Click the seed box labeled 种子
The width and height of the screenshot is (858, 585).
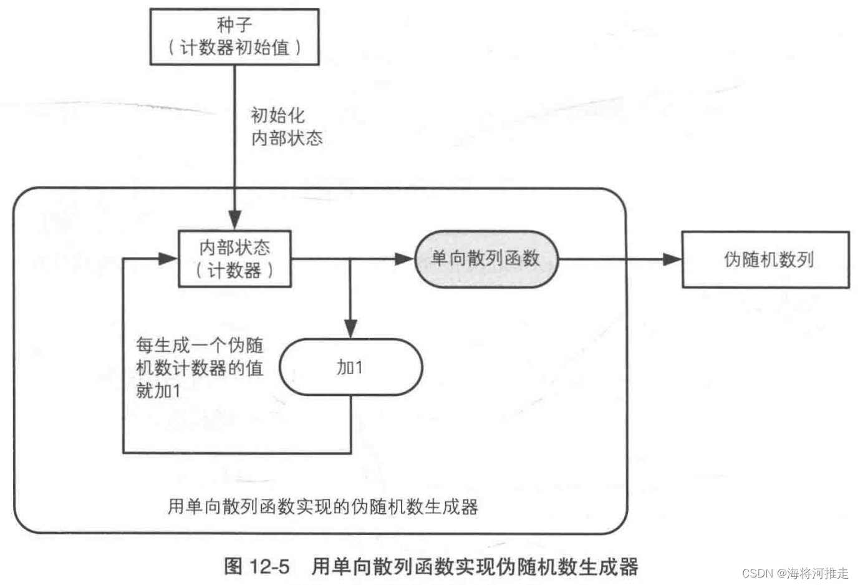tap(234, 37)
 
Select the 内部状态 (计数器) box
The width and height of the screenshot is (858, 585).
tap(234, 259)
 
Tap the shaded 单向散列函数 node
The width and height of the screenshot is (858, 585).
tap(486, 259)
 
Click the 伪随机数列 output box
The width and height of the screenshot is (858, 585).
tap(766, 259)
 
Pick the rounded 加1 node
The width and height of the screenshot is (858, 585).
tap(350, 367)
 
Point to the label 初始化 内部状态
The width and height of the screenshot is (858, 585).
tap(286, 127)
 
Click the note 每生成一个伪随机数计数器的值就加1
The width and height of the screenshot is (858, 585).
tap(199, 368)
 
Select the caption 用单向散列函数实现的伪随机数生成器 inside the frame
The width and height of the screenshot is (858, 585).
tap(322, 506)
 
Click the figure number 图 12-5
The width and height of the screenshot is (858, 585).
tap(257, 566)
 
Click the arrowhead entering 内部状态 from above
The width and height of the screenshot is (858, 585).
tap(235, 220)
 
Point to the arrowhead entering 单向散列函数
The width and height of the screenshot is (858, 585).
tap(405, 259)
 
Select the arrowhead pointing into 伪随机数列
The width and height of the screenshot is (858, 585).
tap(672, 259)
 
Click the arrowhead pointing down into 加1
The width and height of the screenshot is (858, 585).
tap(350, 329)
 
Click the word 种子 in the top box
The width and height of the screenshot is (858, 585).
tap(234, 25)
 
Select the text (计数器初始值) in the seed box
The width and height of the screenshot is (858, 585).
tap(234, 47)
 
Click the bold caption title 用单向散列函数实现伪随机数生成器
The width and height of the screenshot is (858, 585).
tap(475, 566)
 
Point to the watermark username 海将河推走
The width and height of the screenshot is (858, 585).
tap(817, 573)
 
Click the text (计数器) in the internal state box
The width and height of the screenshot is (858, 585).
tap(234, 271)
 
